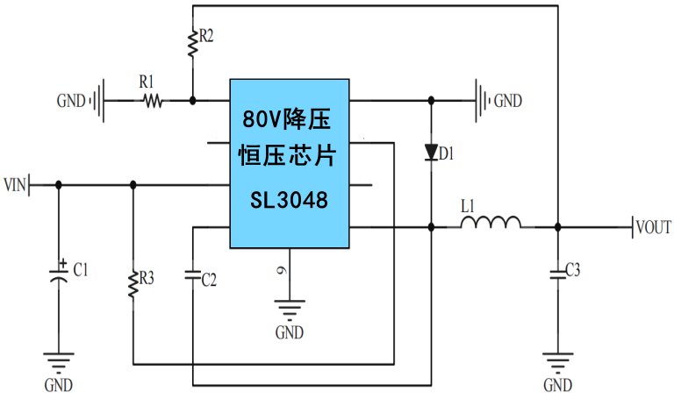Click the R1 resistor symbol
point(153,101)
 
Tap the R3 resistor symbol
point(133,284)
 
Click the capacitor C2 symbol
point(192,274)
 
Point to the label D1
point(447,154)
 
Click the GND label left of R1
point(71,101)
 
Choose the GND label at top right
point(507,101)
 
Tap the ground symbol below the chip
point(289,309)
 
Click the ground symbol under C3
point(556,360)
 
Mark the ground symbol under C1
point(59,360)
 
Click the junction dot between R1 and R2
point(192,100)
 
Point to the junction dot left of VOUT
point(556,227)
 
